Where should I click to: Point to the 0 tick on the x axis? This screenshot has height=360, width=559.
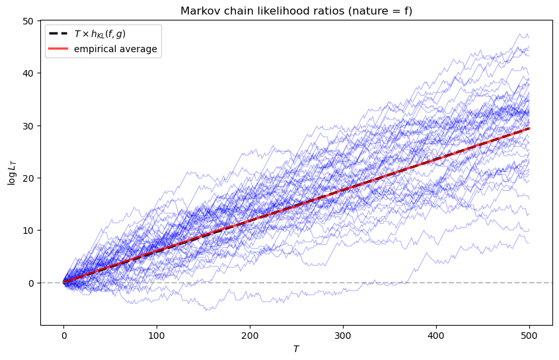63,336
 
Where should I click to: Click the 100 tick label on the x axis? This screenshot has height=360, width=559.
157,336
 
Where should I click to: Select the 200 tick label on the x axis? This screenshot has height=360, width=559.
250,336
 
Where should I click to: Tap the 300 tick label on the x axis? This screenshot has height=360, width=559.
343,336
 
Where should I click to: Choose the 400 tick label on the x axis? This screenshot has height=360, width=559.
436,336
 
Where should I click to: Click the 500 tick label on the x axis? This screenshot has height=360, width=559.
529,336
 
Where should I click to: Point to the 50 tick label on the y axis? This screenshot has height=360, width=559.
28,21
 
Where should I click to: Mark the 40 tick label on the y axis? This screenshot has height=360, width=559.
28,73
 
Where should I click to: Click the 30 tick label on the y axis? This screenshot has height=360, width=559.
28,126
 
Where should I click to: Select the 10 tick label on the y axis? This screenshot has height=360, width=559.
28,231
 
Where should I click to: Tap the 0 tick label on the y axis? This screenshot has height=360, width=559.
31,283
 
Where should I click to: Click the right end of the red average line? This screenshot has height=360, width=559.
529,129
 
